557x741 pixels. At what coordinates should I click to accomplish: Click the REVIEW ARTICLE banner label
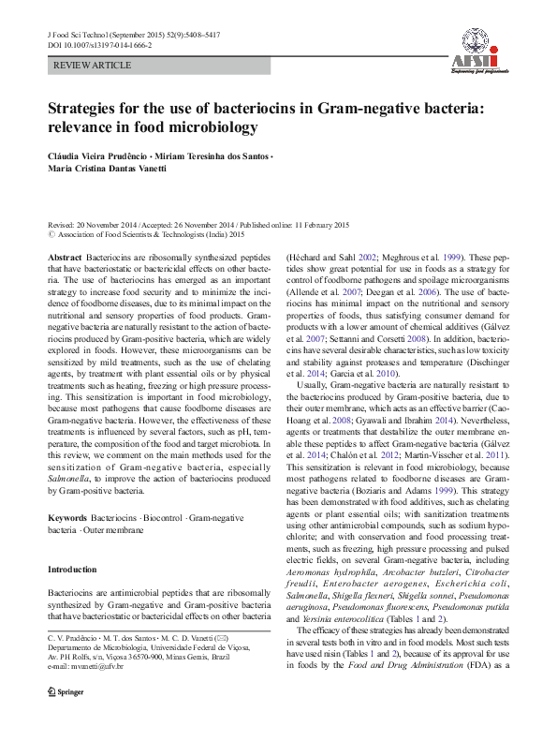click(x=80, y=66)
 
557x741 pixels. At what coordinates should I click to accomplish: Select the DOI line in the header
click(x=99, y=44)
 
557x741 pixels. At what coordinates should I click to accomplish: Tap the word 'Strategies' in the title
click(x=92, y=108)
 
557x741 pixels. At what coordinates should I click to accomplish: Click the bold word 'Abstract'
click(x=65, y=257)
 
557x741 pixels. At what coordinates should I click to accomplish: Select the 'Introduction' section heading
click(x=72, y=570)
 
